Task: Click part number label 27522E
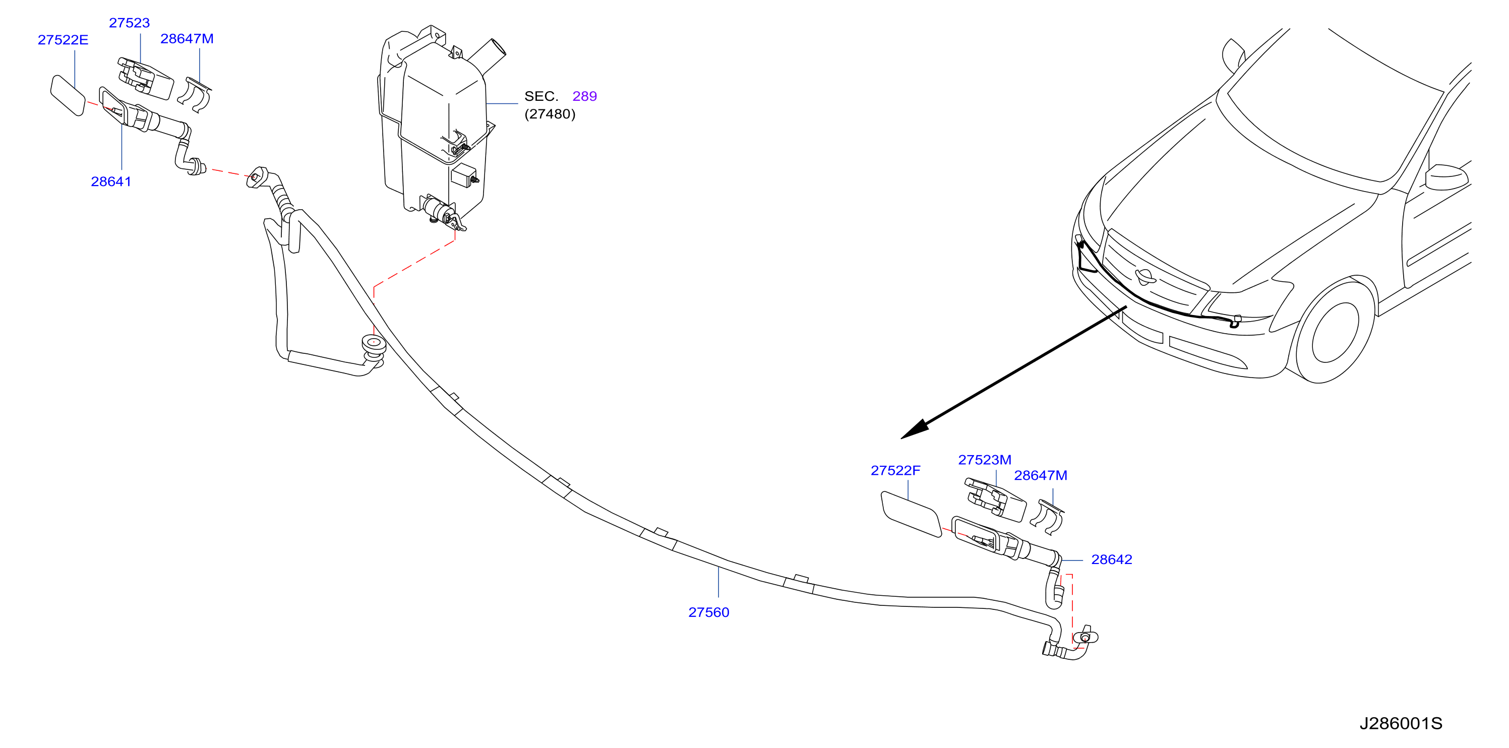(x=63, y=40)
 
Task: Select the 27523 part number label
(x=130, y=23)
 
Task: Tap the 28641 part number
(x=111, y=181)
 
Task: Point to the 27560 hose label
(x=709, y=612)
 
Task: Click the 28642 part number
(x=1112, y=559)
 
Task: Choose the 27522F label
(x=896, y=470)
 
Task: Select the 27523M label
(x=985, y=460)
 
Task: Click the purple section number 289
(x=585, y=96)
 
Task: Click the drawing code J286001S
(x=1401, y=723)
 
